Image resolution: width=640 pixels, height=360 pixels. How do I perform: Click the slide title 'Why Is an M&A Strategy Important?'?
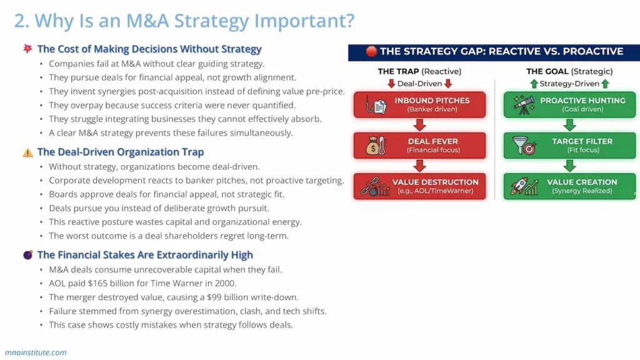pyautogui.click(x=184, y=21)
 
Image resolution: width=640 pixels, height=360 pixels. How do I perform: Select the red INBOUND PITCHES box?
pyautogui.click(x=420, y=105)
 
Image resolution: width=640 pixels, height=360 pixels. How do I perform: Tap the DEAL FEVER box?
pyautogui.click(x=420, y=146)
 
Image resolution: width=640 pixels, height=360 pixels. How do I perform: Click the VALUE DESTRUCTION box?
pyautogui.click(x=420, y=186)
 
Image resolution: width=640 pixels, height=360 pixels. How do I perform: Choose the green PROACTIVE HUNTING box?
pyautogui.click(x=569, y=105)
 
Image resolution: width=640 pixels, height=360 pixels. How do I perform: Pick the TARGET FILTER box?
pyautogui.click(x=569, y=146)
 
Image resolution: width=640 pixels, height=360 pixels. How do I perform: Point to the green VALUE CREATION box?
pyautogui.click(x=569, y=186)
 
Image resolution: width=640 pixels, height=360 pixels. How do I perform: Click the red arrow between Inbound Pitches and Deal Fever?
pyautogui.click(x=419, y=126)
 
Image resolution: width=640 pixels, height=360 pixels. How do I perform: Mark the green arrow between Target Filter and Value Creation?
pyautogui.click(x=569, y=166)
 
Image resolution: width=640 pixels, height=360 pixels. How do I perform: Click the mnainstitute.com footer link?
pyautogui.click(x=36, y=352)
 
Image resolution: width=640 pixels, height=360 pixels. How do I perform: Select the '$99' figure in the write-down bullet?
pyautogui.click(x=211, y=297)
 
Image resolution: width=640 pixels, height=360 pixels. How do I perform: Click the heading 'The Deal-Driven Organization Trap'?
pyautogui.click(x=120, y=152)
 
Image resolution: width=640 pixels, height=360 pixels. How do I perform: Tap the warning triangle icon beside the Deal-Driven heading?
pyautogui.click(x=28, y=152)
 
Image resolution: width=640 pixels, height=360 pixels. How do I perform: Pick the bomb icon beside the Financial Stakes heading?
pyautogui.click(x=28, y=254)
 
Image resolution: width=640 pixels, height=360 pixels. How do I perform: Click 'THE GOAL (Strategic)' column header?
pyautogui.click(x=569, y=71)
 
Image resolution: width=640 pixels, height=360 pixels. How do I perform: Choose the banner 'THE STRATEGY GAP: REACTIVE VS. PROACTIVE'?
pyautogui.click(x=494, y=51)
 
